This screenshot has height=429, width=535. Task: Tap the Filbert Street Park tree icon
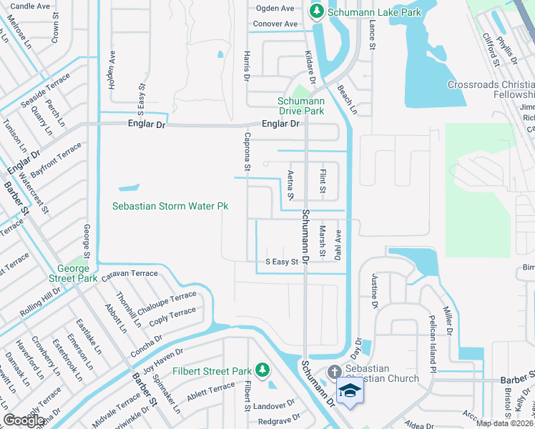tap(262, 370)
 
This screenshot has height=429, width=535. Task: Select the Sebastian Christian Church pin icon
tap(334, 372)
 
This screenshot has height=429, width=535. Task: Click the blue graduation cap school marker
tap(350, 391)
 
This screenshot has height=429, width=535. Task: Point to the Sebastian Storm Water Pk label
tap(170, 206)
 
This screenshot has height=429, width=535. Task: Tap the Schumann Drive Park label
tap(300, 106)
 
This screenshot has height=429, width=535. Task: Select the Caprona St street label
tap(247, 152)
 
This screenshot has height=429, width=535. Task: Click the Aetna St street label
tap(290, 185)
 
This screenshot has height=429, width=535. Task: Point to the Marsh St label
tap(323, 242)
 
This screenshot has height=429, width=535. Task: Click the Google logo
tap(24, 420)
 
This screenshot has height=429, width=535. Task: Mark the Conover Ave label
tap(276, 24)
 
